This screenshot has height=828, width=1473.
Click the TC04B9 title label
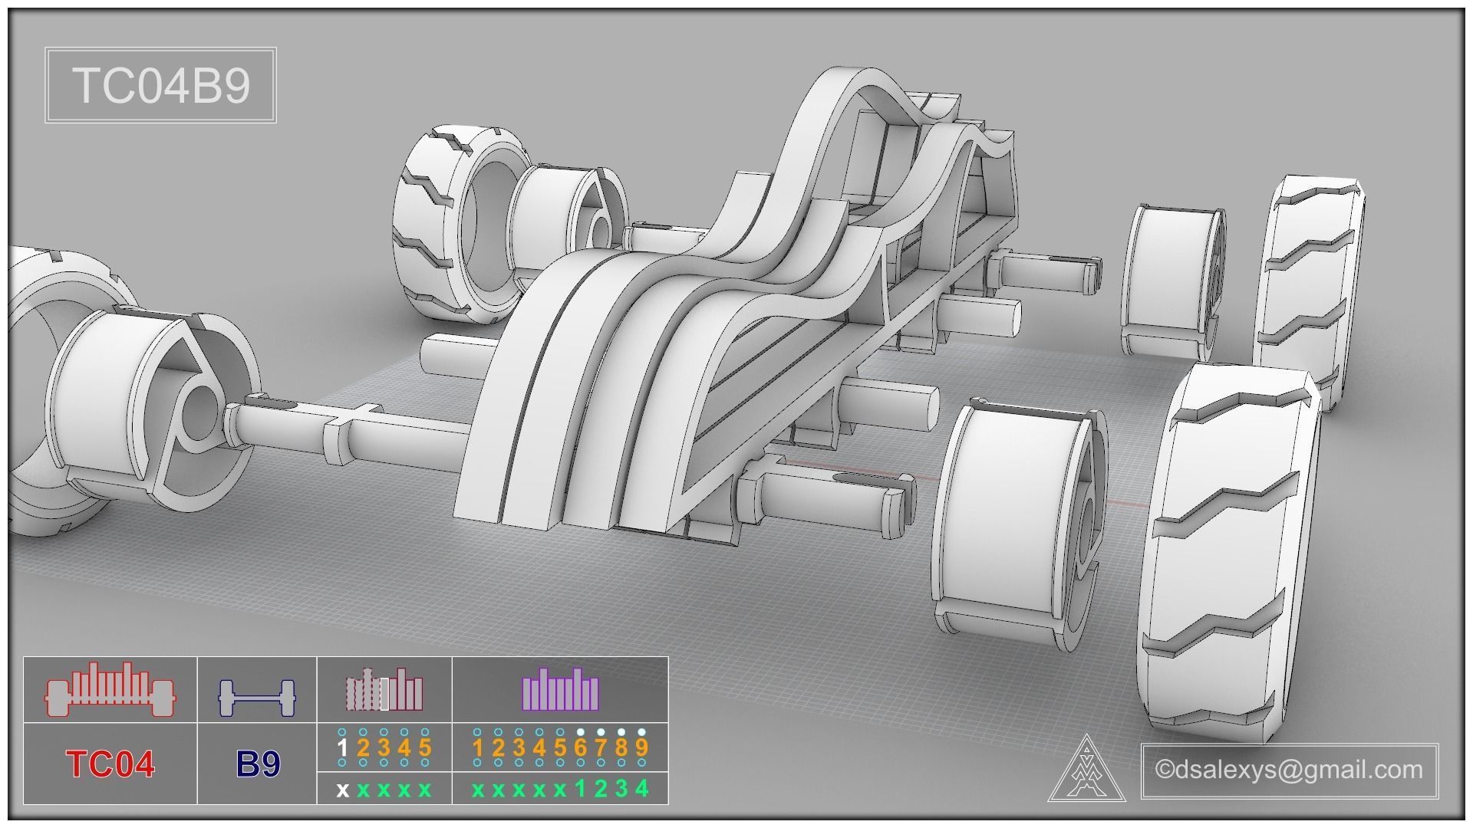point(161,85)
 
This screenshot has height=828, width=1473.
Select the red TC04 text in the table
point(110,764)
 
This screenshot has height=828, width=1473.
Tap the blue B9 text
point(258,764)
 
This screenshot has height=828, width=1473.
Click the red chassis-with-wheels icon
point(110,689)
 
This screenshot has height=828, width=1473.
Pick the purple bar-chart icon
point(560,689)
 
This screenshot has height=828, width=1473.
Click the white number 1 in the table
point(343,747)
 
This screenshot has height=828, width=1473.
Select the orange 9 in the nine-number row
point(641,747)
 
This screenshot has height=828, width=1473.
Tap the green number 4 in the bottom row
point(642,788)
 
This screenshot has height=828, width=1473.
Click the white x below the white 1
point(343,790)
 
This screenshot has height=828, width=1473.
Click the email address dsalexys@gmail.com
point(1290,770)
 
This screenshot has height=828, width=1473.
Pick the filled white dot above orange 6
point(581,731)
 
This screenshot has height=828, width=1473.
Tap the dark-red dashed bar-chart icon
point(384,689)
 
